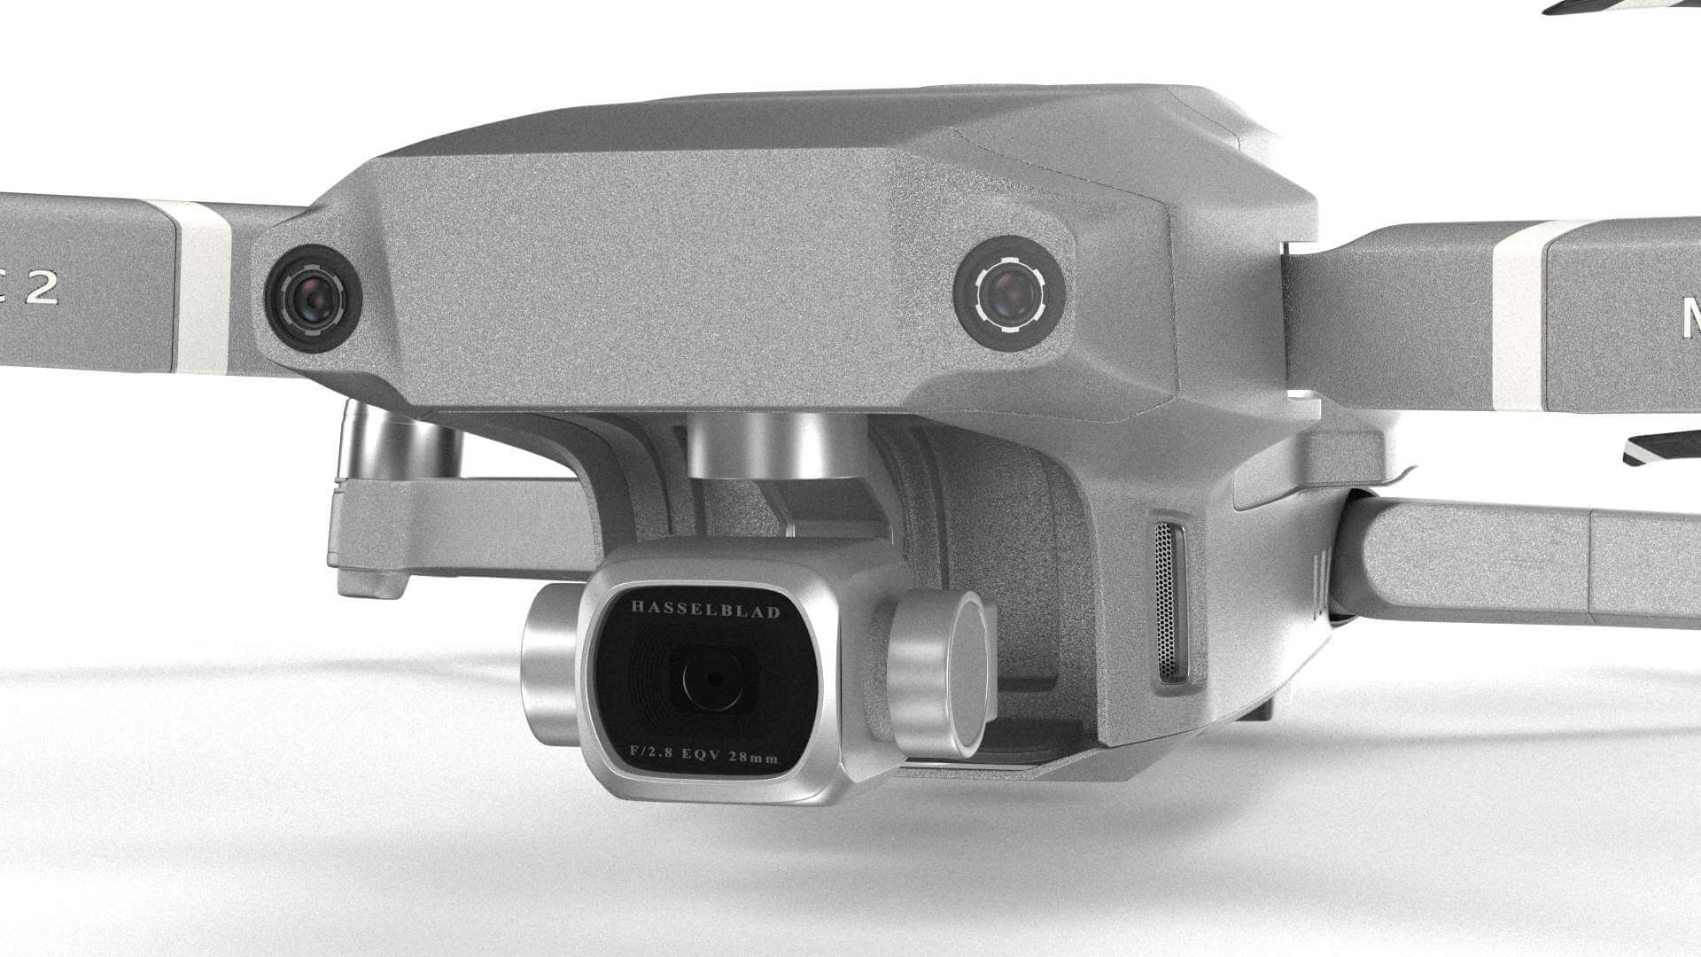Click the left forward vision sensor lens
pyautogui.click(x=314, y=297)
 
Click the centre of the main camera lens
pyautogui.click(x=713, y=681)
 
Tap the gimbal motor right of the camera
pyautogui.click(x=939, y=673)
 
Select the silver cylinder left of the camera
pyautogui.click(x=549, y=665)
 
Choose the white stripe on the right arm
pyautogui.click(x=1517, y=315)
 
